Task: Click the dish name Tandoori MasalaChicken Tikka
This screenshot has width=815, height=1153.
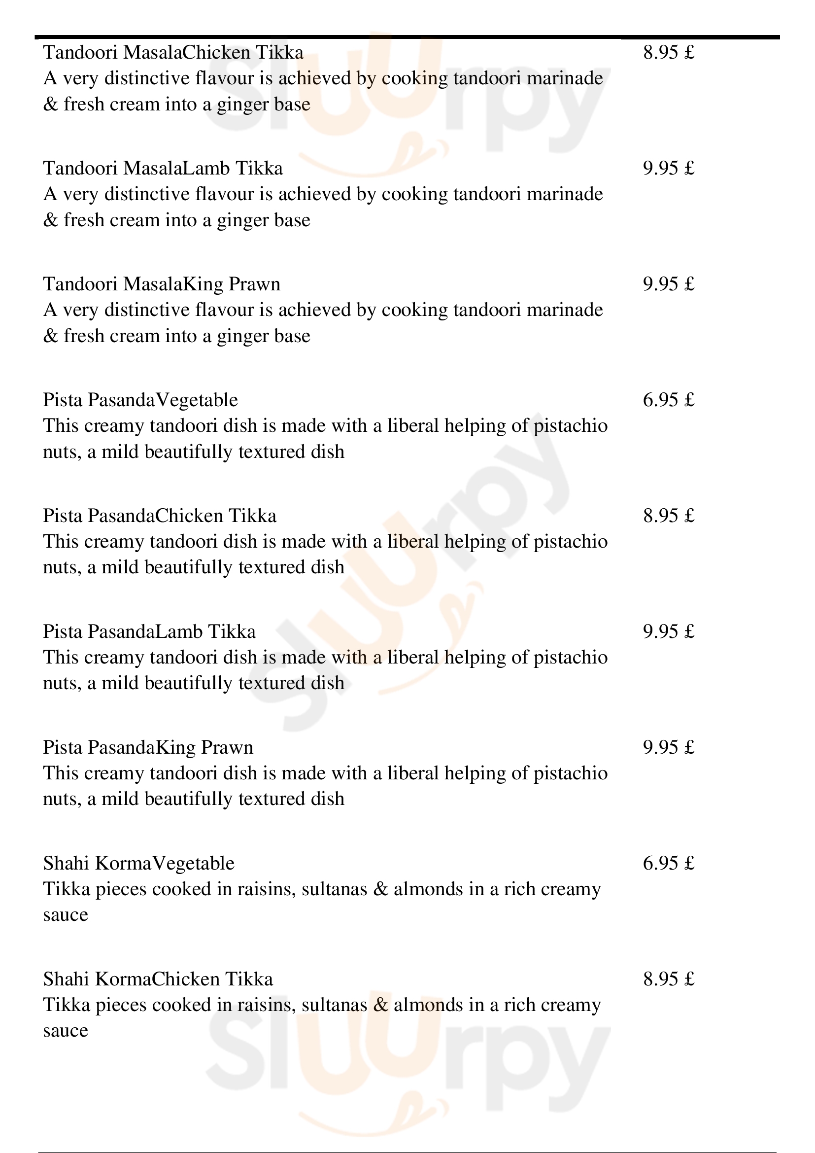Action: [173, 53]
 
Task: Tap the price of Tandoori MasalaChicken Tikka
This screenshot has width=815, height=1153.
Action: [669, 53]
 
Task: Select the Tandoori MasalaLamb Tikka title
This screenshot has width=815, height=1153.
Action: [163, 168]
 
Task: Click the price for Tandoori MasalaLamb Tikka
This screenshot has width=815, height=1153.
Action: [669, 168]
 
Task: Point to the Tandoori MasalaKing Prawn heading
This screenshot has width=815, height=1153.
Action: [162, 284]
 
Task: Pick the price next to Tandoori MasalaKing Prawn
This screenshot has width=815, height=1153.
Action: [669, 284]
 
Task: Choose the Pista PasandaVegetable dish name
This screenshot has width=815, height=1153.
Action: [140, 400]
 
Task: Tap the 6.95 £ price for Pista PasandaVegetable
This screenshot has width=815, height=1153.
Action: [669, 400]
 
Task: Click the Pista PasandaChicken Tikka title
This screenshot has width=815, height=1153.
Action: [160, 516]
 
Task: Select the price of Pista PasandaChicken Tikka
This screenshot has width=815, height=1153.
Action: [669, 516]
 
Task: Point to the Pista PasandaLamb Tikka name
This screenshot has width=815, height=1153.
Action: [149, 632]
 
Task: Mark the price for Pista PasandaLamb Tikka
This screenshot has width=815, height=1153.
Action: [669, 632]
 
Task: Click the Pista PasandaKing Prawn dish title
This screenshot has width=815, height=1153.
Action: [148, 748]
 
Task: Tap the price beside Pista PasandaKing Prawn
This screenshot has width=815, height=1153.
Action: [669, 748]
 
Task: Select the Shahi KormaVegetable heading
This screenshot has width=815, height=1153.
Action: [138, 864]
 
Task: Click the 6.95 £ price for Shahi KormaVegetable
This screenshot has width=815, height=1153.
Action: [669, 864]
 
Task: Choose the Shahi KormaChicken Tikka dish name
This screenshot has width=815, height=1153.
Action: [158, 980]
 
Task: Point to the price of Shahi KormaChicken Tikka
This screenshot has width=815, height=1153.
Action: [669, 980]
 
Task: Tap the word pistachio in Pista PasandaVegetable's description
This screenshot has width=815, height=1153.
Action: [570, 426]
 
